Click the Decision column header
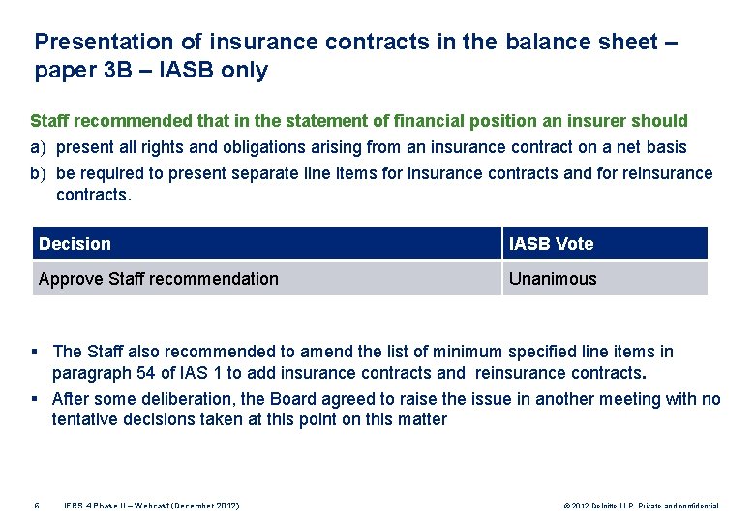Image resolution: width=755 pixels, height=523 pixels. pos(75,244)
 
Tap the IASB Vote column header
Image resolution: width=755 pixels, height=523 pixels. pos(551,244)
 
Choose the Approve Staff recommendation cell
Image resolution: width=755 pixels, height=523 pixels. pos(158,279)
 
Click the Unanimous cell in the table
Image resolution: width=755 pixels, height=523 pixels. pos(553,279)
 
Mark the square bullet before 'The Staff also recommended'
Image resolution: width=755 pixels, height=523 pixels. pos(35,352)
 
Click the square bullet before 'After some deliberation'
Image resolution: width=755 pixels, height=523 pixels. pos(35,399)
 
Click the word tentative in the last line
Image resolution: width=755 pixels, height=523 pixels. pos(85,419)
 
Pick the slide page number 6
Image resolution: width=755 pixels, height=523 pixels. pos(37,506)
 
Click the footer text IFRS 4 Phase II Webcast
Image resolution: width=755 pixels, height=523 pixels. pos(152,506)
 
